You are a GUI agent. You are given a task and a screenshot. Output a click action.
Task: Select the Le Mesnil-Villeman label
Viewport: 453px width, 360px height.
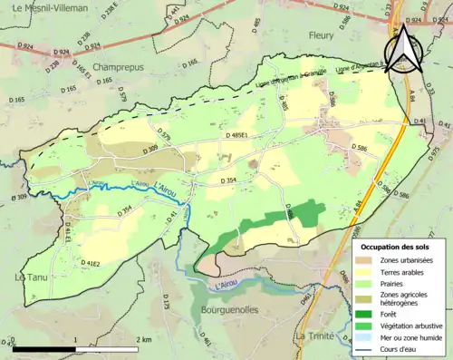[43, 7]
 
